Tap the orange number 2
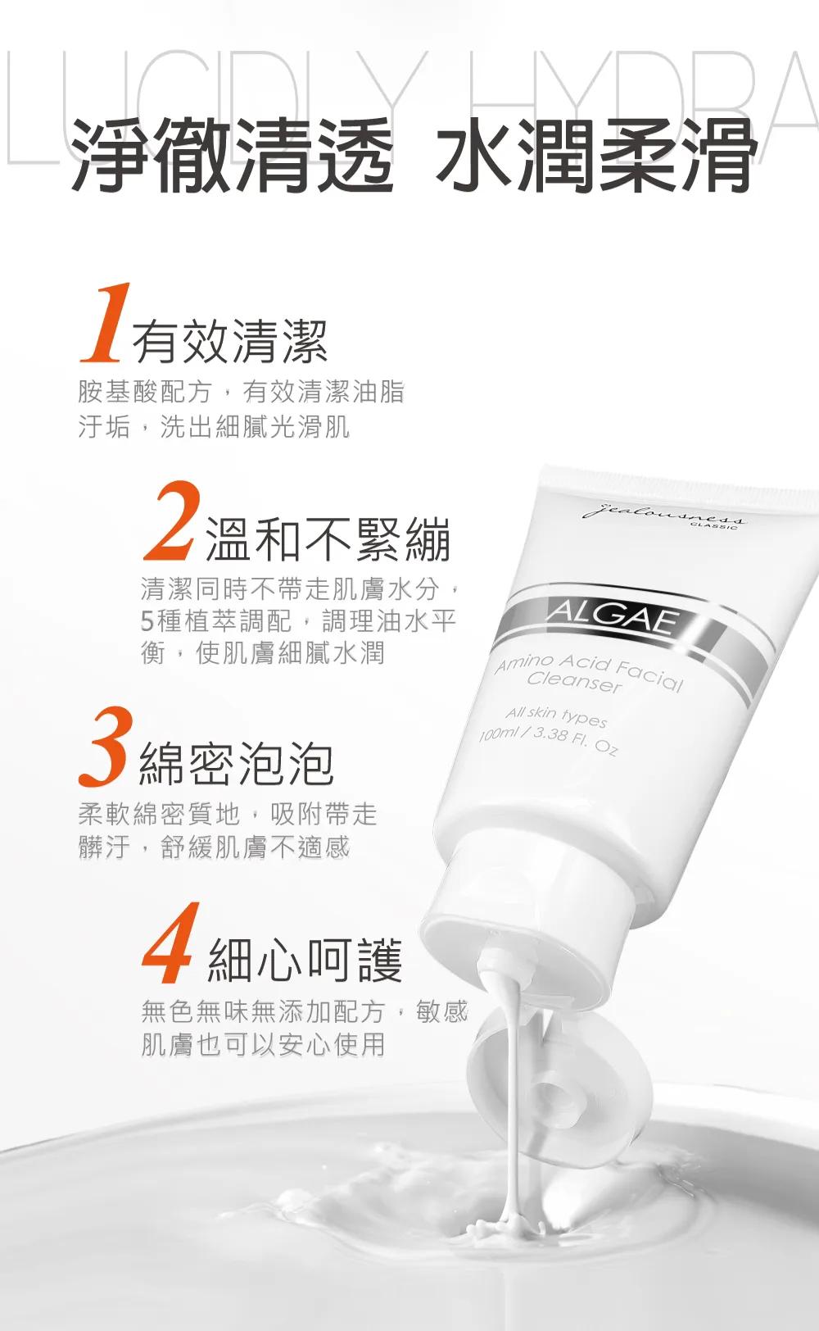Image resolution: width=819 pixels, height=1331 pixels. point(170,521)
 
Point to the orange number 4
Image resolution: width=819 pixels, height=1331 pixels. point(168,943)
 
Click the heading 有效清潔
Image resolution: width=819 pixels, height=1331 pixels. point(230,342)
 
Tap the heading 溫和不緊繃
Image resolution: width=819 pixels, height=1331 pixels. point(328,539)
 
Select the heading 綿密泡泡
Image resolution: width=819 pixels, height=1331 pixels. point(237,764)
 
